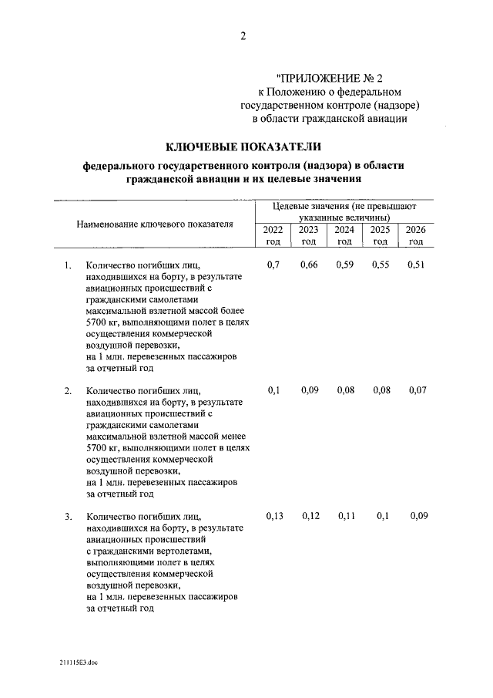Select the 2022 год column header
pos(273,235)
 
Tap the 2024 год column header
pos(344,235)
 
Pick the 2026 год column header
pos(416,235)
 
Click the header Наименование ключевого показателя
pos(154,224)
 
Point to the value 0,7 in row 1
pos(273,266)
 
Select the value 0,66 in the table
pos(309,266)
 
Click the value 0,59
pos(344,266)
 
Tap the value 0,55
pos(381,266)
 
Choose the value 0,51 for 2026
pos(416,266)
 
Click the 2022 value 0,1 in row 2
pos(273,391)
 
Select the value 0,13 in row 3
pos(273,515)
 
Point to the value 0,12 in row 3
pos(310,515)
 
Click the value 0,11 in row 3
pos(346,515)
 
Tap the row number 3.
pos(68,516)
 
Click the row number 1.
pos(68,267)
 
